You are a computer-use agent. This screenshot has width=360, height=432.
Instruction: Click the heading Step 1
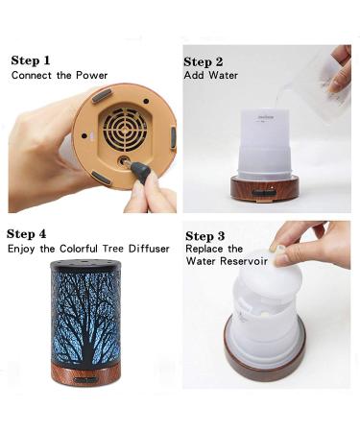coord(31,60)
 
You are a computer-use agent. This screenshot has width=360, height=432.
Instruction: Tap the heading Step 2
coord(204,61)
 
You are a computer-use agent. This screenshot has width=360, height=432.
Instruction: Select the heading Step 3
coord(205,236)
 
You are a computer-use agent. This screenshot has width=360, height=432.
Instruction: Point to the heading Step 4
coord(26,234)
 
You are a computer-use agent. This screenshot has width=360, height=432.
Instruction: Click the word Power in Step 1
coord(92,76)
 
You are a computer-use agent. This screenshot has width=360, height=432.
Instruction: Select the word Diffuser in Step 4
coord(149,249)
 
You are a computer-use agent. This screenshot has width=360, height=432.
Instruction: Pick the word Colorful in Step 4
coord(79,249)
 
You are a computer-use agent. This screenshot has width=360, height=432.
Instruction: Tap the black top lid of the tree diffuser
coord(85,265)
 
